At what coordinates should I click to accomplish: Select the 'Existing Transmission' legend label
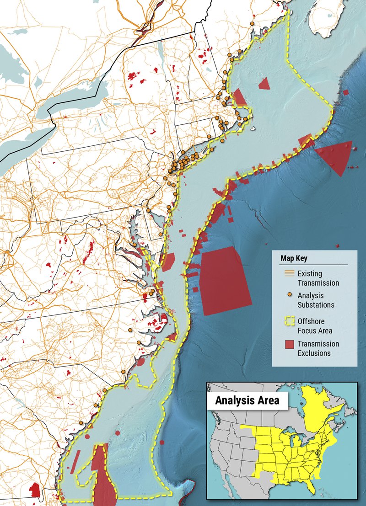[318, 278]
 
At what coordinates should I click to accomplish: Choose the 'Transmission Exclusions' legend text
[318, 348]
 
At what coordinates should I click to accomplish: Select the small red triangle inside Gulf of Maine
[264, 84]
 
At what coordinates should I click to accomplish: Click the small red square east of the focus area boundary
[346, 92]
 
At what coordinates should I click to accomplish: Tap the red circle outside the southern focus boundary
[163, 442]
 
